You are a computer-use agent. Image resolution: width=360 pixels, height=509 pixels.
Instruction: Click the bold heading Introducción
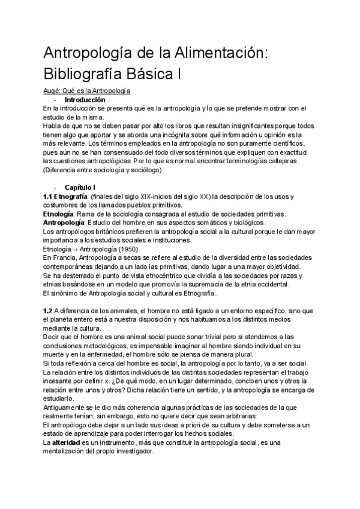coord(85,100)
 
